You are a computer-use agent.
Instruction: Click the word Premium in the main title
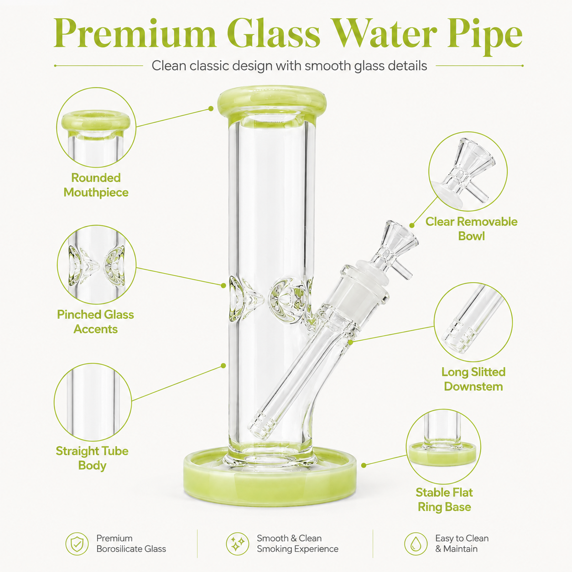tap(135, 33)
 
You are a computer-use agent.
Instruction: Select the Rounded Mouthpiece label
tap(96, 185)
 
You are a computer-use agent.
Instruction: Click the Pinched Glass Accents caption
tap(96, 322)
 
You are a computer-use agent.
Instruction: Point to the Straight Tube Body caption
tap(92, 458)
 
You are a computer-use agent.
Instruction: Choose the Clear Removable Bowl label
tap(471, 229)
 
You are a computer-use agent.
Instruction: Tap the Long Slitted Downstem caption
tap(473, 379)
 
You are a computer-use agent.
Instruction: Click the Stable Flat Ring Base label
tap(444, 499)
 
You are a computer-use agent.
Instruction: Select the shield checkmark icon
tap(77, 544)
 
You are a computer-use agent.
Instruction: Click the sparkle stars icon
tap(238, 544)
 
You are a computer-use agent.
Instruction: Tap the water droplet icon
tap(416, 544)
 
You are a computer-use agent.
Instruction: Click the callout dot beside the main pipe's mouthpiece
tap(211, 109)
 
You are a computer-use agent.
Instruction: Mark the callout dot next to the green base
tap(364, 465)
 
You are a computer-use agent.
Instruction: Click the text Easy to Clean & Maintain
tap(462, 544)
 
